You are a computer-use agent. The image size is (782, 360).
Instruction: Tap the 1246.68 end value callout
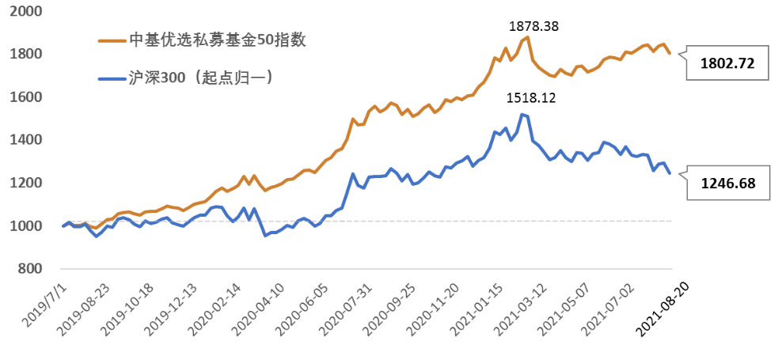pos(728,184)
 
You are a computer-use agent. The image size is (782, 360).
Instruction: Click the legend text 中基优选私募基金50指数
pos(216,40)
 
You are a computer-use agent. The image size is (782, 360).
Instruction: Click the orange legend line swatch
pos(110,41)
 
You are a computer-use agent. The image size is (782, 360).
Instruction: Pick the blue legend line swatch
pos(110,79)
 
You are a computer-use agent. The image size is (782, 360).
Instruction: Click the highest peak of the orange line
pos(527,37)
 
